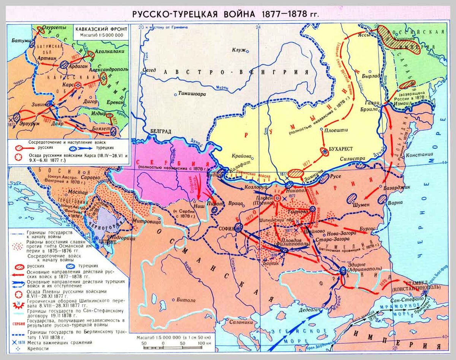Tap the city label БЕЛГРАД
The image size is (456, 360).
tap(161, 130)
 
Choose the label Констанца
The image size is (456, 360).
tap(420, 155)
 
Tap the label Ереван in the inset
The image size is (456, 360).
tap(116, 102)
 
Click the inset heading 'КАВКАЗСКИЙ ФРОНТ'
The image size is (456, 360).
tap(100, 29)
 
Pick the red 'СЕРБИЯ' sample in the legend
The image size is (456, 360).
tap(17, 324)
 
